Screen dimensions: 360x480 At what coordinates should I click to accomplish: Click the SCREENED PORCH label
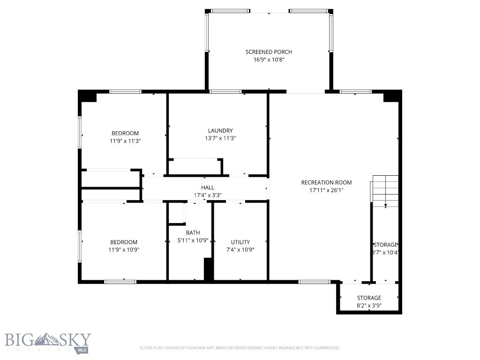pos(269,52)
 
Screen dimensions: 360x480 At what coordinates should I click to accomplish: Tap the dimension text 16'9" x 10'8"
pos(269,60)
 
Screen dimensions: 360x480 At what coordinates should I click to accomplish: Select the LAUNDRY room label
pos(220,131)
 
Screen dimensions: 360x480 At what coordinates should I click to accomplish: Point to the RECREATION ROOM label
pos(326,182)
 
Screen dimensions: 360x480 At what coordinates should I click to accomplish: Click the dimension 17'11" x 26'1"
pos(326,190)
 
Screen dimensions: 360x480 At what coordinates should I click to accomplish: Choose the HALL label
pos(208,187)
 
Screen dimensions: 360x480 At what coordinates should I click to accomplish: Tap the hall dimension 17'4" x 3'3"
pos(208,195)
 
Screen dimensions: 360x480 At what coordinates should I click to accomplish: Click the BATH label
pos(193,232)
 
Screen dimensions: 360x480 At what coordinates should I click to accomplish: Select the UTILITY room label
pos(240,242)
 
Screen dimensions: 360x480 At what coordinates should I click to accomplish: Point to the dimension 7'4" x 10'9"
pos(240,250)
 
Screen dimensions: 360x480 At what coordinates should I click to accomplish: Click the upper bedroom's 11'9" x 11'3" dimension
pos(125,141)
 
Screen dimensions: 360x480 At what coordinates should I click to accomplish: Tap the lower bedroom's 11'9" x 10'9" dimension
pos(124,250)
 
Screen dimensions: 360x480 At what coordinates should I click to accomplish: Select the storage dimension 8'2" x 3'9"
pos(369,306)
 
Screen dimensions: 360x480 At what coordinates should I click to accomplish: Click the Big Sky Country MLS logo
pos(48,342)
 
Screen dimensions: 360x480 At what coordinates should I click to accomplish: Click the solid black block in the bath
pos(209,269)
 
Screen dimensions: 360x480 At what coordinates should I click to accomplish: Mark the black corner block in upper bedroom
pos(88,97)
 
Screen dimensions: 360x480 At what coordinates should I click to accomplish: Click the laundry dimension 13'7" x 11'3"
pos(220,139)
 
